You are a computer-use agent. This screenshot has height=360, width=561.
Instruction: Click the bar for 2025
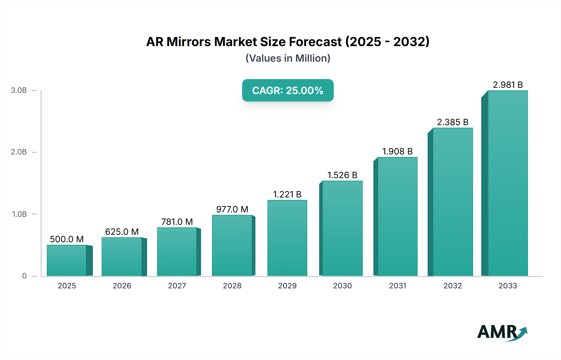tap(67, 260)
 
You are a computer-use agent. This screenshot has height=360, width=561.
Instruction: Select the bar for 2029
tap(287, 238)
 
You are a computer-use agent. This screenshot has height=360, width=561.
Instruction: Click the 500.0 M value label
tap(67, 239)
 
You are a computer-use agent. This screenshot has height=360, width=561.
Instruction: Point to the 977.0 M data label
tap(232, 209)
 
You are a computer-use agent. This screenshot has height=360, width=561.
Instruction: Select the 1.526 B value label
tap(342, 175)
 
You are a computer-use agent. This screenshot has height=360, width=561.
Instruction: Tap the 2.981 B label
tap(508, 85)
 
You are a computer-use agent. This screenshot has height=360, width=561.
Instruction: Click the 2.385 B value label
tap(453, 122)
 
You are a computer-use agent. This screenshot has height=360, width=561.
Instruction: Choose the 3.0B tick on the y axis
tap(19, 90)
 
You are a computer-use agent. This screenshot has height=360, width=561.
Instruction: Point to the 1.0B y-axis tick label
tap(19, 214)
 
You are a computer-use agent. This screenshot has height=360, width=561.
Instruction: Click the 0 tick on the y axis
tap(24, 276)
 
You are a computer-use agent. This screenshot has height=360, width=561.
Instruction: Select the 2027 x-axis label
tap(177, 286)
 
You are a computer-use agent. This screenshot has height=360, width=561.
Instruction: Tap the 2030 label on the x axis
tap(342, 286)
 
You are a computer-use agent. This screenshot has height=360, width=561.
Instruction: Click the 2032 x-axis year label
tap(453, 286)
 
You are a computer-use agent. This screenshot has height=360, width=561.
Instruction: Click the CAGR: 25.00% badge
tap(288, 90)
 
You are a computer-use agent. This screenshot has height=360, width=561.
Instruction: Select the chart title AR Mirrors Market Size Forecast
tap(288, 42)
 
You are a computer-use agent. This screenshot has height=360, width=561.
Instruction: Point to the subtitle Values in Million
tap(288, 58)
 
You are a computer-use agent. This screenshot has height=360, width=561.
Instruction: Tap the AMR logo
tap(502, 332)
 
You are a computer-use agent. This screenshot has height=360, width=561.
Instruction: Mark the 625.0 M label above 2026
tap(122, 232)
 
